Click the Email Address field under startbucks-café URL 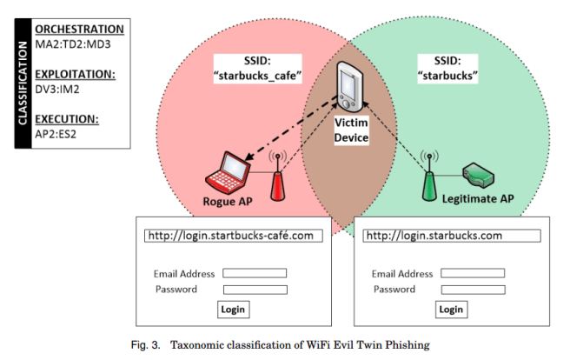[255, 273]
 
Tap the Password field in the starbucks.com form [473, 290]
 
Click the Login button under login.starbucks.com [450, 310]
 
